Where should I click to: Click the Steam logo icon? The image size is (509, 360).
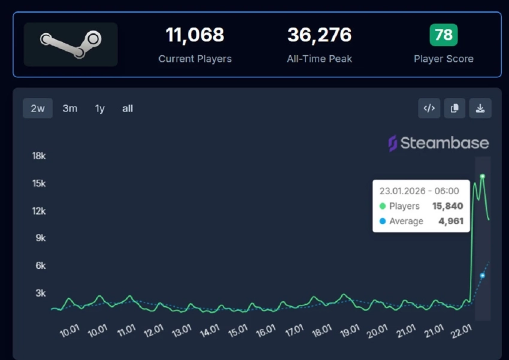point(71,44)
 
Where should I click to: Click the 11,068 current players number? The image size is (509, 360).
point(195,35)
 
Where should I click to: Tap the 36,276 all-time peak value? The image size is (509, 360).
point(319,35)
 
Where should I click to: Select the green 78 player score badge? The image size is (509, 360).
point(443,35)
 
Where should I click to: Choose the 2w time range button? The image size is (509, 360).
point(38,108)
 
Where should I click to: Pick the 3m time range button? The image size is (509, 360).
point(70,108)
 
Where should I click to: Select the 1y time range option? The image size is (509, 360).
point(99,108)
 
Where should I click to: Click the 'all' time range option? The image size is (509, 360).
point(128,108)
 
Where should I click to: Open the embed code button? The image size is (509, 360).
point(429,108)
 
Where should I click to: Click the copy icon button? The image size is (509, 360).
point(455,108)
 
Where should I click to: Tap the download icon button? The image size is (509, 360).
point(480,108)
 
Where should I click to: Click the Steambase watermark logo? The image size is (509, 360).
point(438,143)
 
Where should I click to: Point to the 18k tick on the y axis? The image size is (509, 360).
point(39,156)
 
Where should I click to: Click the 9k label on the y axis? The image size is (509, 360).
point(41,238)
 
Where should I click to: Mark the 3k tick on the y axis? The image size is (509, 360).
point(41,293)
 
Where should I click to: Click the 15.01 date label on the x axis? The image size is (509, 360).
point(237,329)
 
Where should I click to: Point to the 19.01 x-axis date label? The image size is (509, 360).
point(349,329)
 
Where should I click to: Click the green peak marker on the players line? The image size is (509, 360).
point(482,176)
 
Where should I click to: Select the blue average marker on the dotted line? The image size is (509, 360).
point(482,276)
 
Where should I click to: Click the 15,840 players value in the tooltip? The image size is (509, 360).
point(447,206)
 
